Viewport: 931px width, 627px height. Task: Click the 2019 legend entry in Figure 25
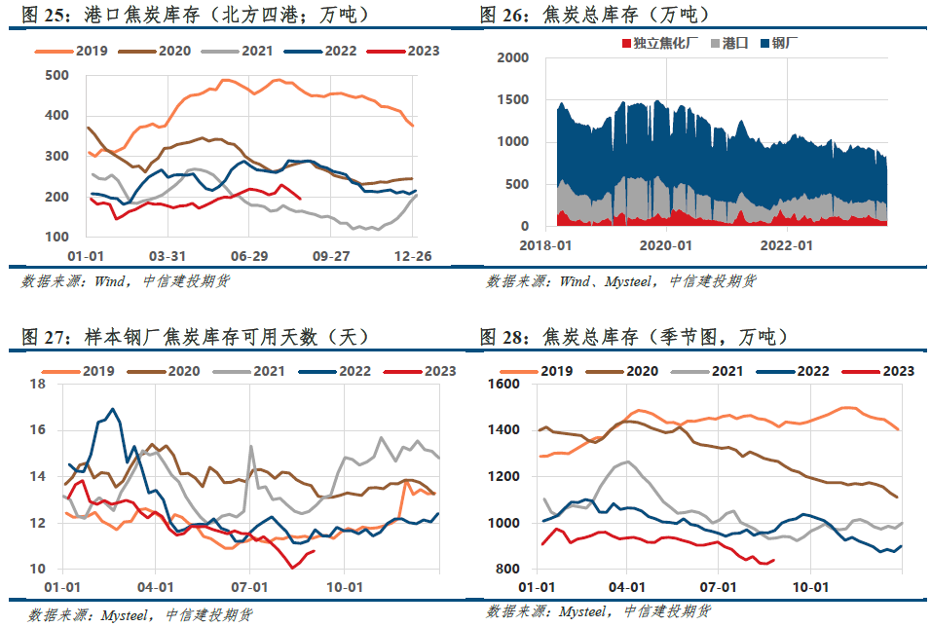point(71,51)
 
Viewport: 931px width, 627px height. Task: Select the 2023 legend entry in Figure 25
point(403,51)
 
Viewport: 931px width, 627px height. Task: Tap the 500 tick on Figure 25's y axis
point(57,75)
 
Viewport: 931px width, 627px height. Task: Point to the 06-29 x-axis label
point(249,256)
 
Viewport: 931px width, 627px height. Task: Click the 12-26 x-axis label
point(413,256)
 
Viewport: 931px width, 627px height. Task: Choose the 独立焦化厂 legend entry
point(660,43)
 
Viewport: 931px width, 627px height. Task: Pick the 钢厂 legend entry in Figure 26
point(780,43)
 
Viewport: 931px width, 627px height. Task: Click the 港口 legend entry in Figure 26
point(729,43)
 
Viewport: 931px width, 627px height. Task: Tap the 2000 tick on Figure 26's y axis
point(513,57)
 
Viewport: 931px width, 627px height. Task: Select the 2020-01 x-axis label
point(665,245)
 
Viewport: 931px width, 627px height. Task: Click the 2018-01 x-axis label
point(545,245)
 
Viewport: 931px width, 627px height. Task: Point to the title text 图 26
point(505,15)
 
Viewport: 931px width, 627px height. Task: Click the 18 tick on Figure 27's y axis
point(38,384)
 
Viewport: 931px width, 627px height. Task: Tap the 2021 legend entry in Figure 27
point(249,372)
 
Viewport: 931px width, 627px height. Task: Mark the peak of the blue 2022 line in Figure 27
point(113,409)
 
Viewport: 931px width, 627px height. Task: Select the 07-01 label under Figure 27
point(249,587)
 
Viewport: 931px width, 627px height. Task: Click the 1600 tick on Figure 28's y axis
point(503,384)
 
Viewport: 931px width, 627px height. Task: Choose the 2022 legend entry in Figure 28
point(794,372)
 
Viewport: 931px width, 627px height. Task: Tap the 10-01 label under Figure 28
point(810,587)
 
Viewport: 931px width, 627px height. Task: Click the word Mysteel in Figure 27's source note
point(125,615)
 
